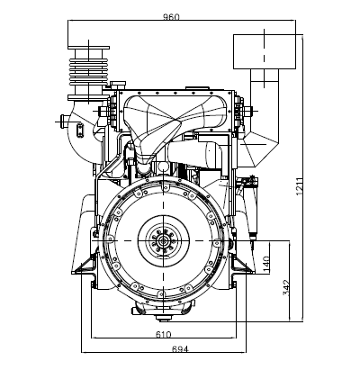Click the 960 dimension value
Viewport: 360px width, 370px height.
pyautogui.click(x=171, y=17)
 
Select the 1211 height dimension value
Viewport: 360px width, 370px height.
pyautogui.click(x=300, y=187)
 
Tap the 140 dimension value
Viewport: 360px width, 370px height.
pyautogui.click(x=266, y=264)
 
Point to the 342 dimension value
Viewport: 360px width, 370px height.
pyautogui.click(x=286, y=287)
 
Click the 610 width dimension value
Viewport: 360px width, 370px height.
pyautogui.click(x=163, y=334)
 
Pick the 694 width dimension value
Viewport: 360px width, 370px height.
pyautogui.click(x=180, y=349)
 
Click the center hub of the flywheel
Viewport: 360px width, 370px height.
pyautogui.click(x=163, y=240)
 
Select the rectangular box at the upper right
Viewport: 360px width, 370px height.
pyautogui.click(x=265, y=51)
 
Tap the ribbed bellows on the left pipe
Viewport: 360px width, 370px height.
pyautogui.click(x=88, y=71)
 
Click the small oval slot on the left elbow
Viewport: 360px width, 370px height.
pyautogui.click(x=80, y=131)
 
